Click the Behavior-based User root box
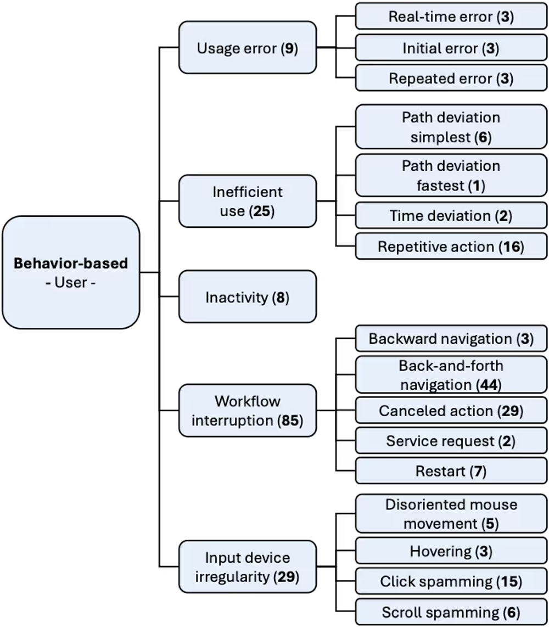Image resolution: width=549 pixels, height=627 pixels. point(71,272)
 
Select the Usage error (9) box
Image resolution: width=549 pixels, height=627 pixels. point(248,48)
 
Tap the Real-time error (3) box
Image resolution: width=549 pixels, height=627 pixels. point(451,16)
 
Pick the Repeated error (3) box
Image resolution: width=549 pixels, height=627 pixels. point(451,79)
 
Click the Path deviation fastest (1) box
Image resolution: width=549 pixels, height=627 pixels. point(451,176)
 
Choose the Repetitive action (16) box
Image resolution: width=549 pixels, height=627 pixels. point(451,247)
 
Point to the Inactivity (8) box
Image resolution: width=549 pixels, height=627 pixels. point(248,297)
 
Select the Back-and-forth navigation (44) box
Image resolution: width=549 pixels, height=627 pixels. point(451,375)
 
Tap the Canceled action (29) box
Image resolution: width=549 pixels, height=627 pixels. point(451,411)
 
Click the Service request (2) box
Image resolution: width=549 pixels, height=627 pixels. point(451,440)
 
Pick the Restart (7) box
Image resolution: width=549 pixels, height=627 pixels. point(451,471)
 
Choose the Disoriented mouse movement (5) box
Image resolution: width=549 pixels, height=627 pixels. point(451,513)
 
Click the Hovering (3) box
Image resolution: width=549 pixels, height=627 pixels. point(451,551)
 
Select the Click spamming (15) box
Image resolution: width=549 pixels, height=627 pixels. point(451,581)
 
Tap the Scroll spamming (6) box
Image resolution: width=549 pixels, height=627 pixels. point(451,611)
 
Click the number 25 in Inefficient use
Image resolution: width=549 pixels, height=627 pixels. point(262,211)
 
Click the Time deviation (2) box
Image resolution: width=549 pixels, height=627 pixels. point(451,216)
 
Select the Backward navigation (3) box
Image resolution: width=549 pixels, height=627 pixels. point(451,339)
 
